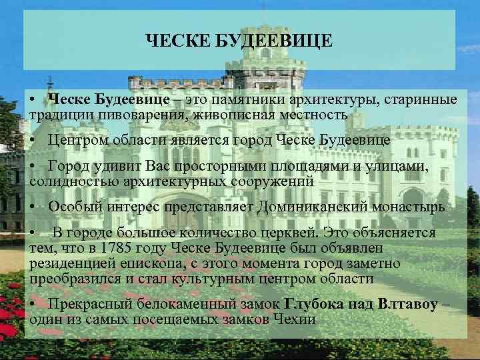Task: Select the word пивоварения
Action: (x=139, y=115)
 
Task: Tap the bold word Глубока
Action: (x=317, y=305)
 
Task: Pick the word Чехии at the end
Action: (x=295, y=319)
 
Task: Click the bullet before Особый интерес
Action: (x=33, y=207)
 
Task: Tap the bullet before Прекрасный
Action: (x=33, y=305)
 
